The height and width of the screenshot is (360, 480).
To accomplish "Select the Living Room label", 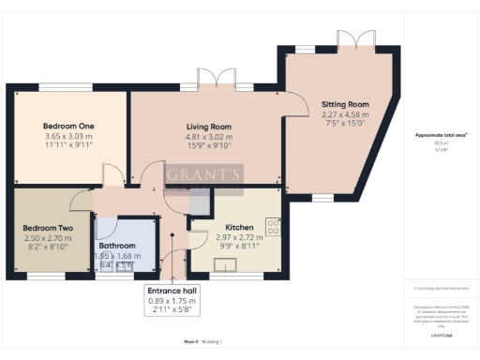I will (207, 126).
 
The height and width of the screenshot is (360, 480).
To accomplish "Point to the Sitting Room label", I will (345, 104).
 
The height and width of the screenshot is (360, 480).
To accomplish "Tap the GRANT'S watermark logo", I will (204, 175).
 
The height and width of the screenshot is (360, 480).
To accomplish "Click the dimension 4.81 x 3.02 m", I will (207, 136).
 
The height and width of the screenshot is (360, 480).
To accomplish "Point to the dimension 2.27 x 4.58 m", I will (345, 114).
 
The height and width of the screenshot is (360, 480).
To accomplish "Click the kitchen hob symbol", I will (273, 226).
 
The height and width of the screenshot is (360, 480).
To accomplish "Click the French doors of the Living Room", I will (223, 80).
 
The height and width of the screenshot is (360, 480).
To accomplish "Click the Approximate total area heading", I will (441, 135).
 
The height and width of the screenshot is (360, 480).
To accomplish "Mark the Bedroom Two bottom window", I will (40, 276).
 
